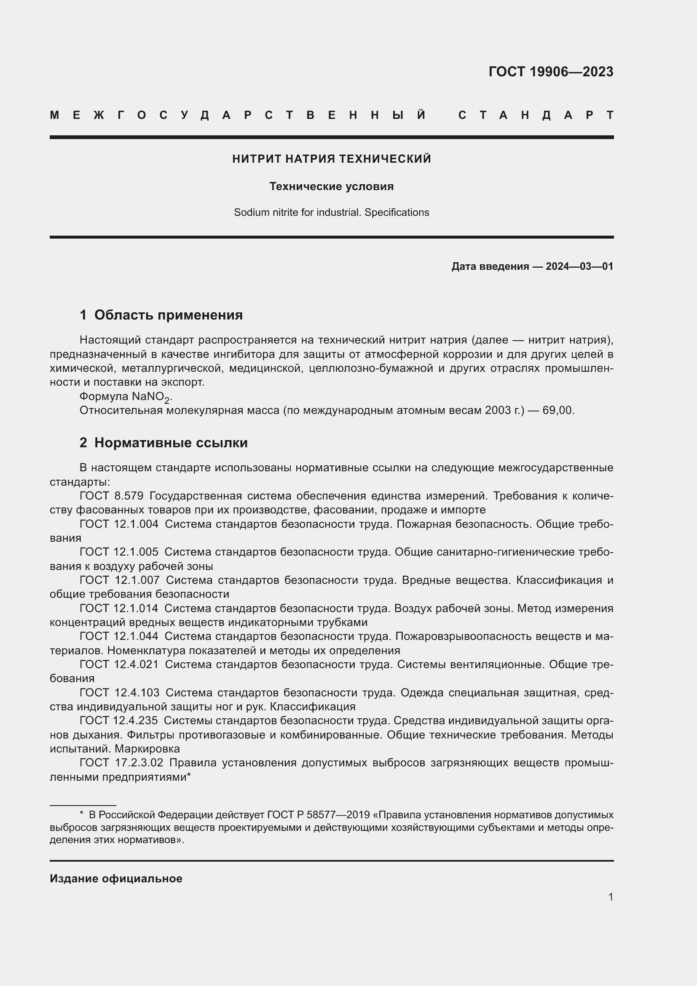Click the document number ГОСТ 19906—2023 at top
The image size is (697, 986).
coord(551,72)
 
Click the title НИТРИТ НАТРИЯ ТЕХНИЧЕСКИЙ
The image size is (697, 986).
coord(331,159)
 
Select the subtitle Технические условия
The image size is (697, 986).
coord(331,186)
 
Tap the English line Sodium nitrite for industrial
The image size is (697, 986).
coord(331,212)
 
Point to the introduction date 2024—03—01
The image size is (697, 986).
coord(579,266)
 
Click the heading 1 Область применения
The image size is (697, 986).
coord(161,315)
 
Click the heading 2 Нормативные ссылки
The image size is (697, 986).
coord(164,443)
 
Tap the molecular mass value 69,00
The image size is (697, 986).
coord(558,411)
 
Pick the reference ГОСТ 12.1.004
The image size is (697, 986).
coord(119,524)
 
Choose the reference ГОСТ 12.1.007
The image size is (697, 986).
coord(119,580)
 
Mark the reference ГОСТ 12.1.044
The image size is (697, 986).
coord(119,637)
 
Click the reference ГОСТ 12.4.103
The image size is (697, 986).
coord(119,693)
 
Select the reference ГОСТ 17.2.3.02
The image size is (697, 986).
coord(121,763)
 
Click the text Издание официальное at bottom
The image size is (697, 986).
coord(116,879)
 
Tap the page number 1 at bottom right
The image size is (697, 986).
coord(610,897)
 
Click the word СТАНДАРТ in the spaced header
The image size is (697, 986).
coord(536,115)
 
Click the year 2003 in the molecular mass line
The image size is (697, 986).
coord(498,411)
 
